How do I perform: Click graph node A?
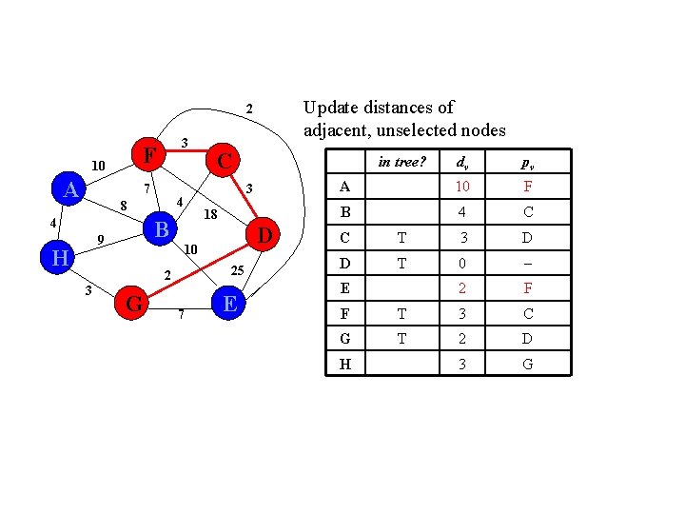[x=69, y=190]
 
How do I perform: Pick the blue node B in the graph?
[x=163, y=229]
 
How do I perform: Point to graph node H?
[x=59, y=258]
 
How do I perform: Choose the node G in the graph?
[x=134, y=304]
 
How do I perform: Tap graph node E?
[x=228, y=304]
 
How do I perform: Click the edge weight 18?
[x=211, y=215]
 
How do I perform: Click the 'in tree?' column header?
[x=401, y=162]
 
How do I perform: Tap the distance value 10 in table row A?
[x=462, y=187]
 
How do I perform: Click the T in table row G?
[x=401, y=338]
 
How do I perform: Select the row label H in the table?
[x=344, y=364]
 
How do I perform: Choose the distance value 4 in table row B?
[x=462, y=211]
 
